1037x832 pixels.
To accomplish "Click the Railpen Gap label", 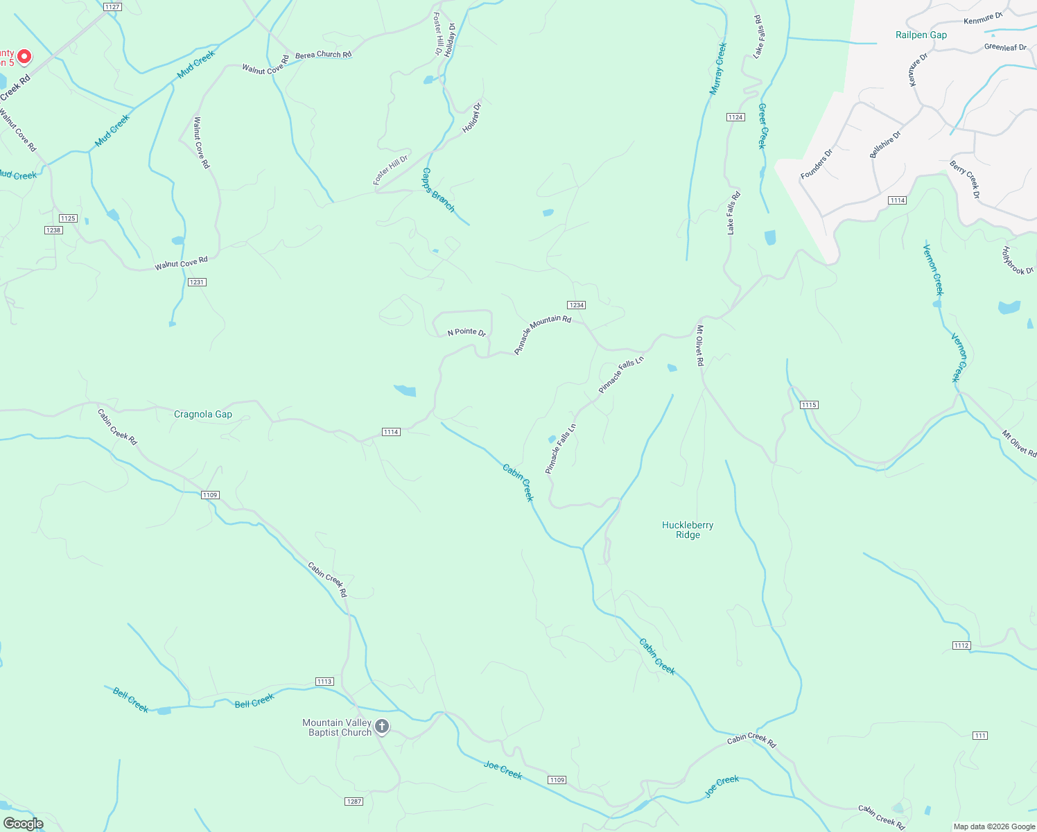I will (x=921, y=35).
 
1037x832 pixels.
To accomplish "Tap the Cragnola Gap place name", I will (x=203, y=414).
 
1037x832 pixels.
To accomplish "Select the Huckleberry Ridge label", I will (x=687, y=530).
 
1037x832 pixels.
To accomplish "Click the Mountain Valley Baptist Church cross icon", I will (x=382, y=727).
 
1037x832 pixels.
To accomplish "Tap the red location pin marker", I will (x=24, y=55).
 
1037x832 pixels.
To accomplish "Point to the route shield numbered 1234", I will (x=576, y=305).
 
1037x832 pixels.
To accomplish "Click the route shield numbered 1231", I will (x=197, y=282).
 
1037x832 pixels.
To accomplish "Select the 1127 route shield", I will (x=112, y=7).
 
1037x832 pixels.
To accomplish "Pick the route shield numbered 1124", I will (x=735, y=117).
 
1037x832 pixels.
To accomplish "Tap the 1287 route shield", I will (x=354, y=801).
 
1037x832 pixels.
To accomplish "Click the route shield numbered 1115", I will (x=809, y=405).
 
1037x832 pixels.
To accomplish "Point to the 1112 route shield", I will (x=961, y=645).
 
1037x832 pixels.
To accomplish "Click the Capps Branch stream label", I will (x=438, y=189).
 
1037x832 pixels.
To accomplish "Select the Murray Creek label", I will (x=717, y=69).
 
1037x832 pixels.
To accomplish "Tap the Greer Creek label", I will (x=762, y=126).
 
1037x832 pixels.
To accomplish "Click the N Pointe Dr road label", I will (x=467, y=333).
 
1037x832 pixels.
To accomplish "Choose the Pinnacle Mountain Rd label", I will (x=542, y=335).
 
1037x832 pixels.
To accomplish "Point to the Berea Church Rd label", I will (x=323, y=55).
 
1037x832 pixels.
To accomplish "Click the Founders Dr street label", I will (x=816, y=164).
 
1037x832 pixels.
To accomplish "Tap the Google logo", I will (x=24, y=824).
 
